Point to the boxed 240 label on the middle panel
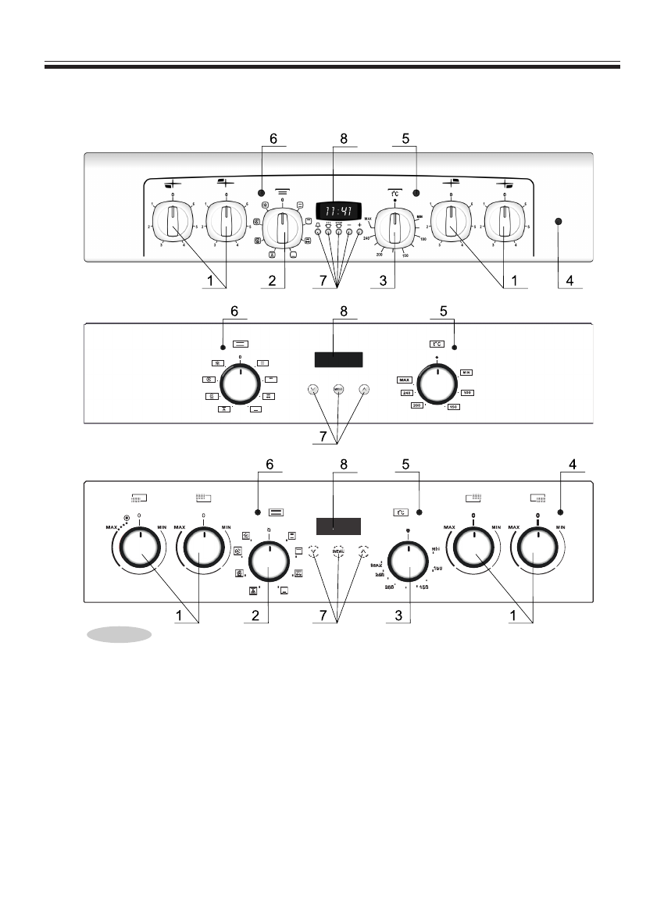click(407, 393)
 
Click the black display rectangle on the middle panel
click(338, 360)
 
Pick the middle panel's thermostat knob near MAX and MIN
click(437, 384)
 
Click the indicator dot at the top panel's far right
click(558, 222)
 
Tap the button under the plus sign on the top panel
click(359, 232)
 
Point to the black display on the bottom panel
click(338, 526)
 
